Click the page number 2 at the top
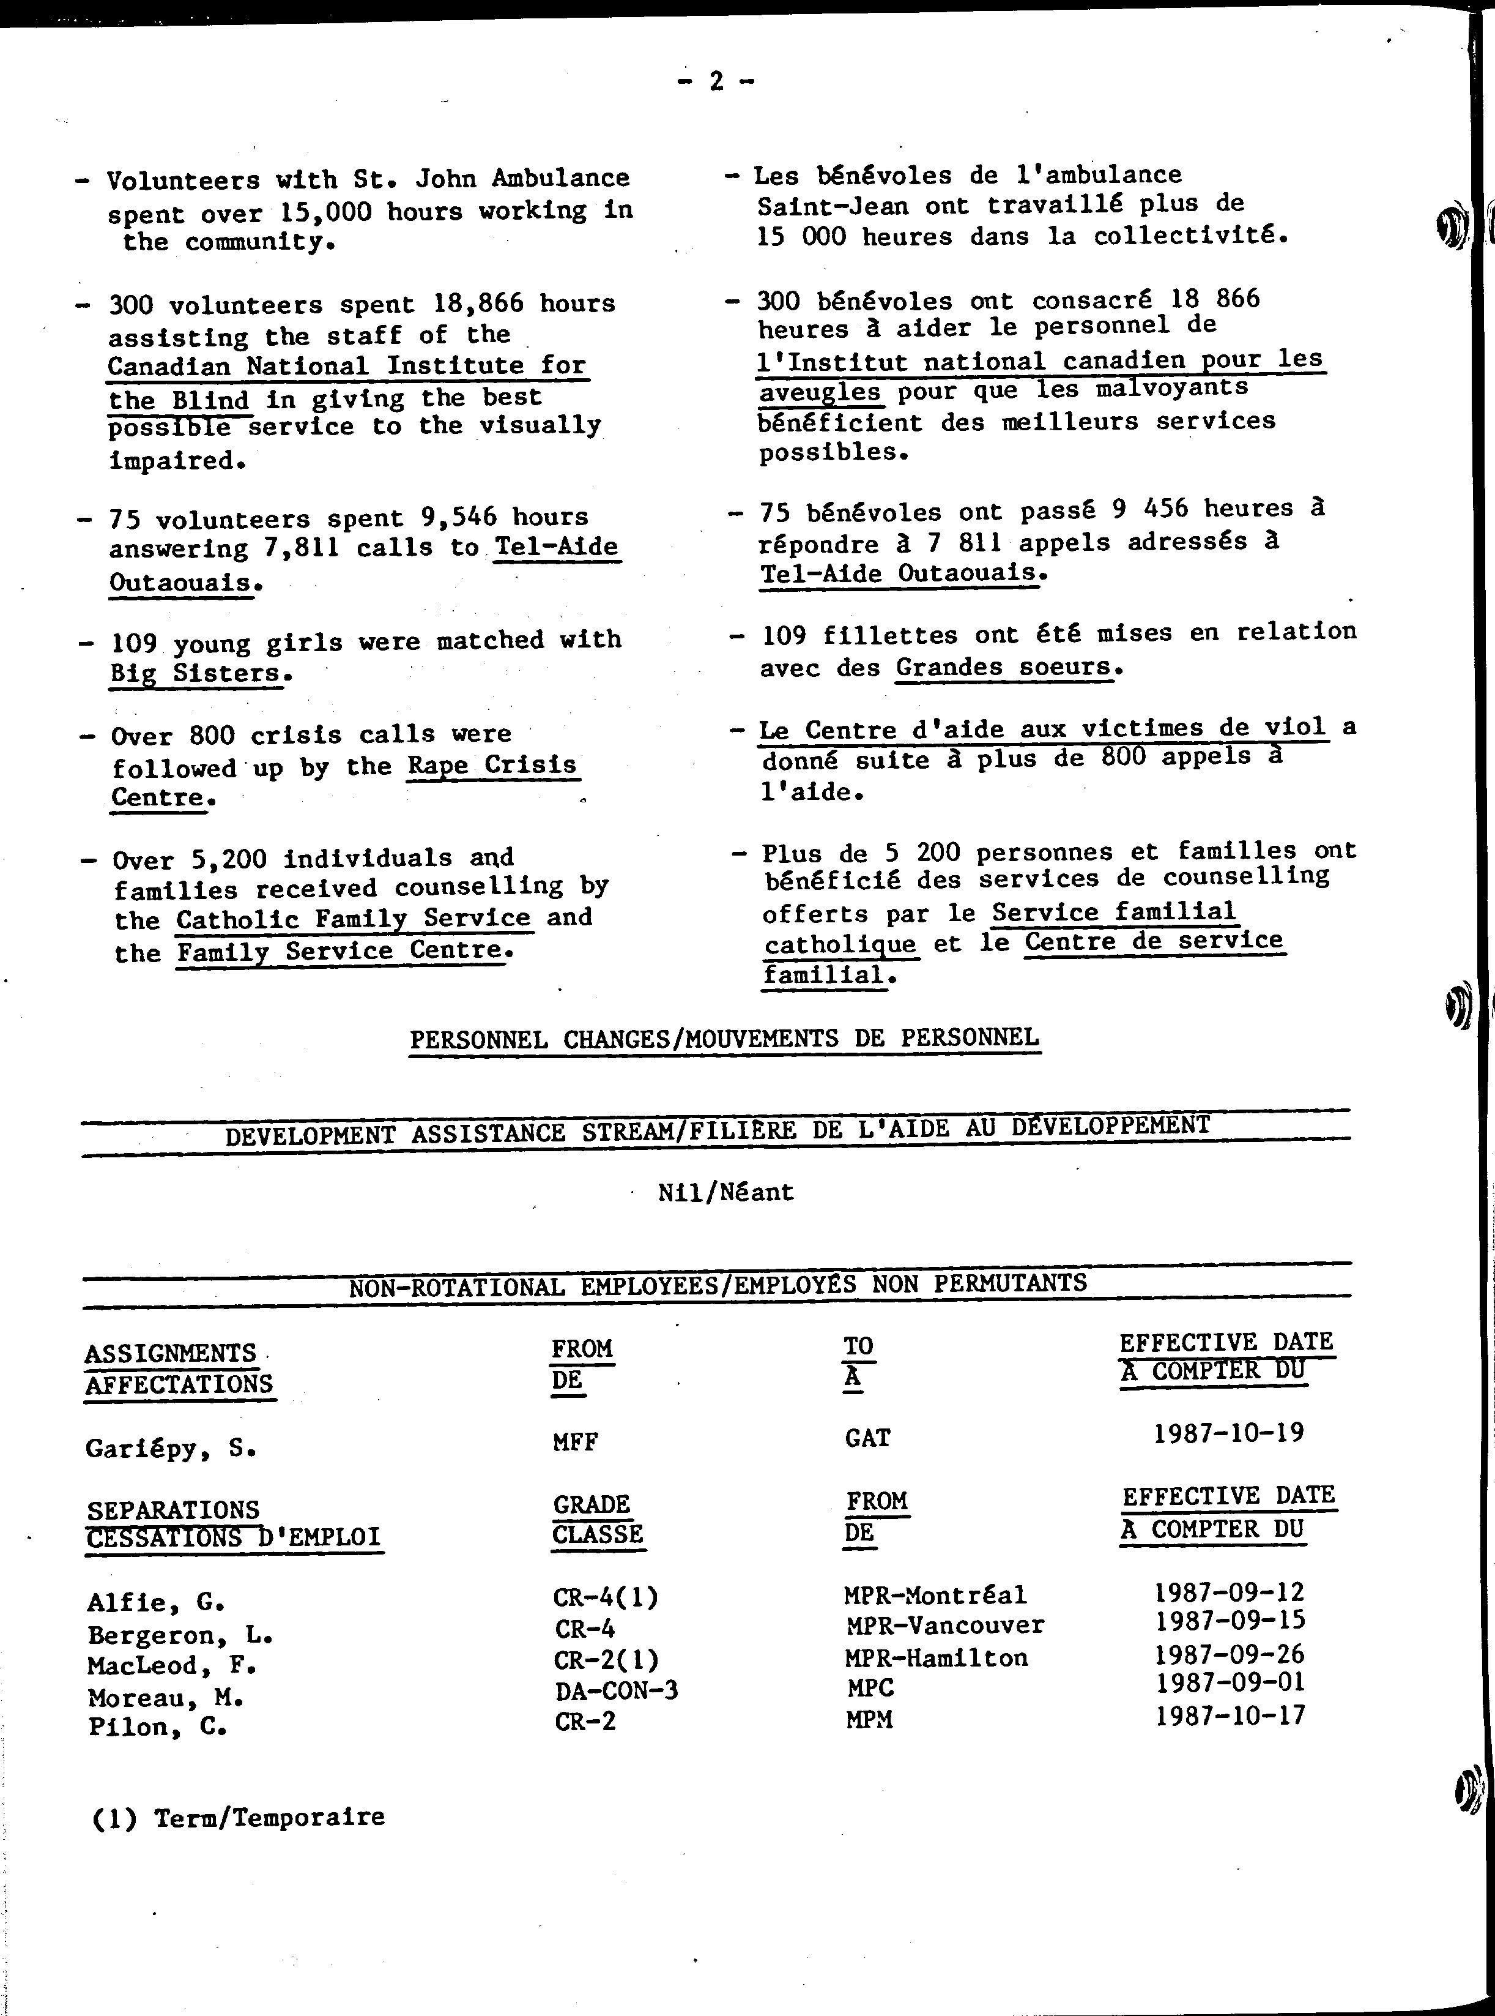(x=716, y=83)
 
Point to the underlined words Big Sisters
(x=196, y=673)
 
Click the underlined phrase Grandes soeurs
(x=1003, y=667)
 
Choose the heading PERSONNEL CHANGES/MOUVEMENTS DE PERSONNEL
(x=724, y=1037)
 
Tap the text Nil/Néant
(x=725, y=1192)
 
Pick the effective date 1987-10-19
(x=1228, y=1433)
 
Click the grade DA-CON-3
(x=616, y=1689)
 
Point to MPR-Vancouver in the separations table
(x=945, y=1625)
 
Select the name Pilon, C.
(x=157, y=1727)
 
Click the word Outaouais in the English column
(x=180, y=581)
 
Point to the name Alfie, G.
(x=155, y=1602)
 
